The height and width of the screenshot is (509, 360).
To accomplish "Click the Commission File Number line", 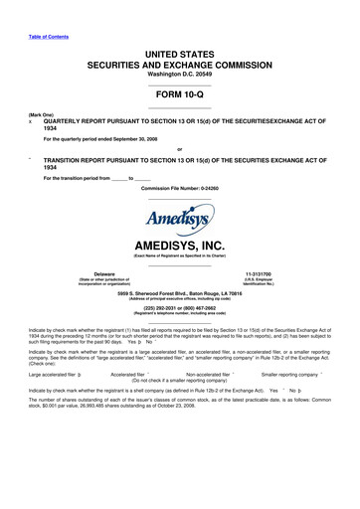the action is click(179, 187).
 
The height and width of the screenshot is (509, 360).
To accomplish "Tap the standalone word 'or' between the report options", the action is click(179, 151).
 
